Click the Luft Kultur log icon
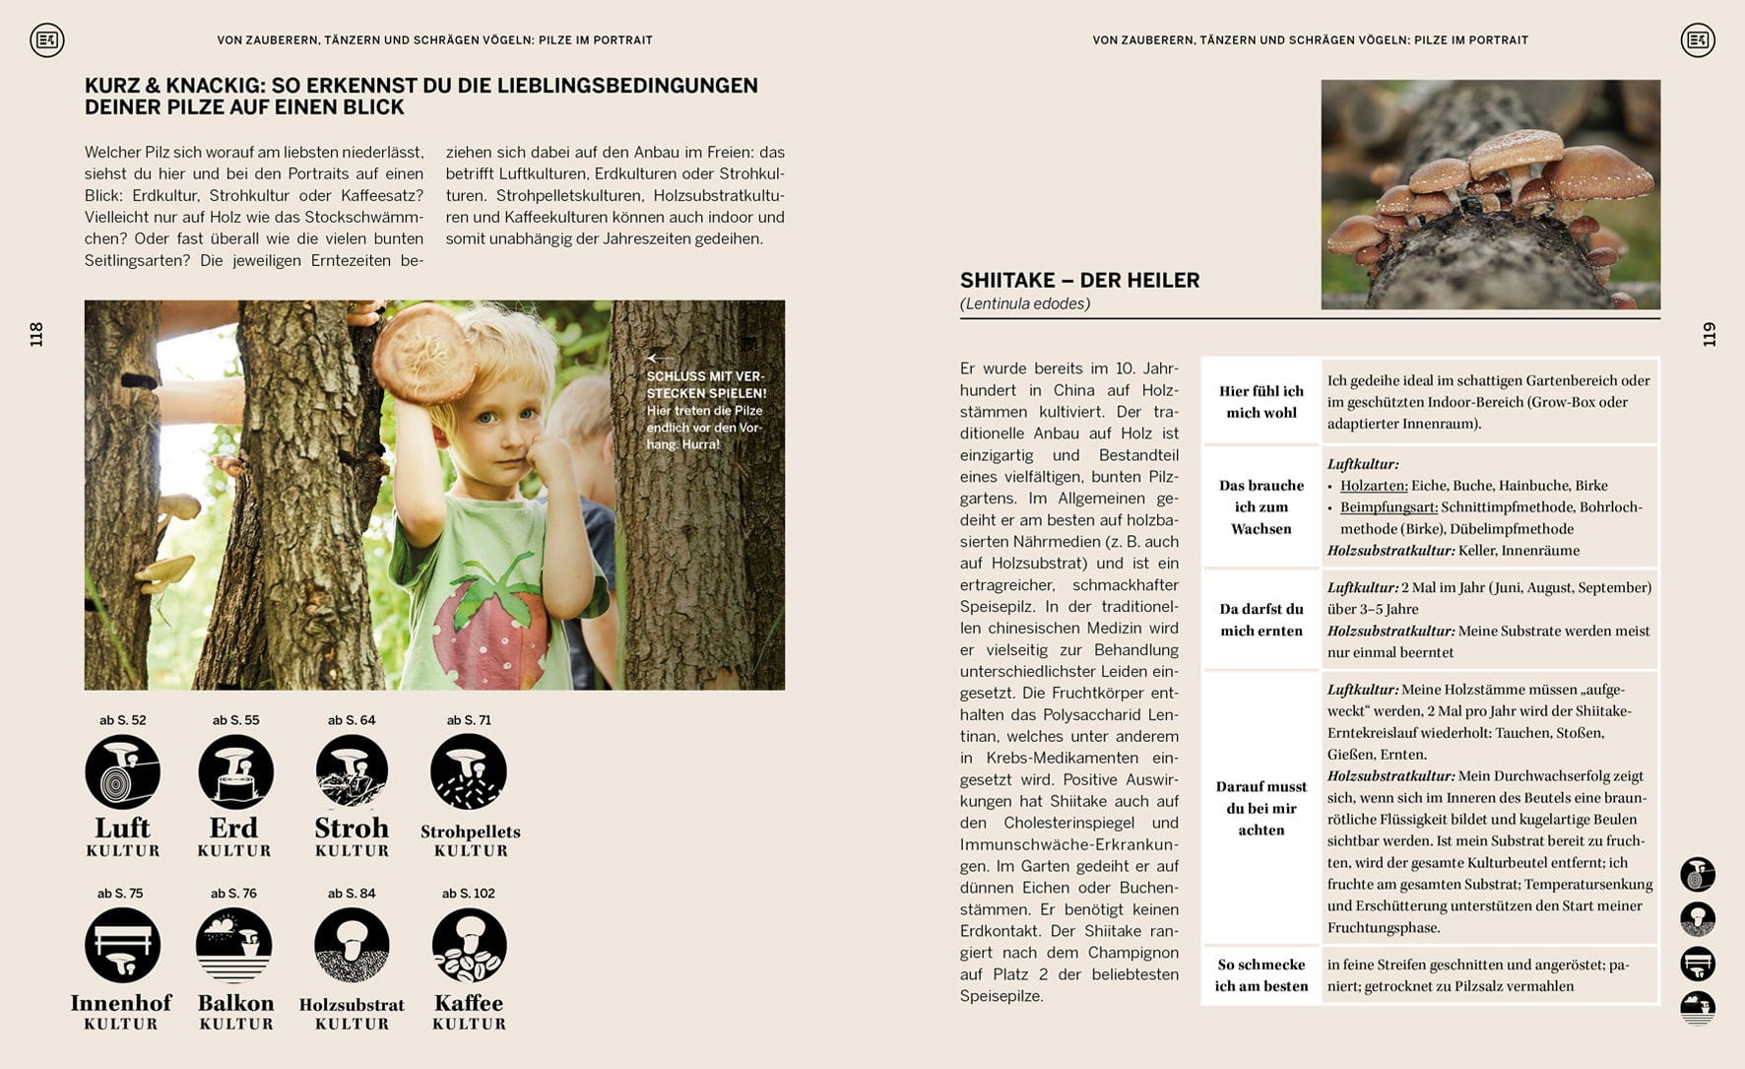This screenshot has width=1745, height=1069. click(x=122, y=772)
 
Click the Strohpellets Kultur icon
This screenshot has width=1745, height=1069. click(x=469, y=772)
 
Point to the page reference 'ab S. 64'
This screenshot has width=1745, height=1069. click(x=352, y=720)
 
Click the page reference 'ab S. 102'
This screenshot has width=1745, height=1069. click(x=469, y=894)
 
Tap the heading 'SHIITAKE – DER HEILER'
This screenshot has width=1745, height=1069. click(x=1079, y=281)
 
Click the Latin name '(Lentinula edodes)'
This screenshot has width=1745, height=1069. click(x=1024, y=303)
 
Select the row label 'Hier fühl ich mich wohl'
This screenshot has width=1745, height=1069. click(x=1260, y=402)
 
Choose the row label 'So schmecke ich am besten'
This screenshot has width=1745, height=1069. click(x=1260, y=975)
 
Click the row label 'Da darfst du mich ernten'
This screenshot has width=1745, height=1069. click(x=1260, y=620)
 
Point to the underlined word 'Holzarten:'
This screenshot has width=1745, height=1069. click(x=1374, y=486)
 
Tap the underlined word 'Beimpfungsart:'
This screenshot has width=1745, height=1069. click(x=1389, y=507)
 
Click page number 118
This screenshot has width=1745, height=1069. click(x=36, y=334)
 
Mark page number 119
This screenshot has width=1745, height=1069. click(x=1709, y=334)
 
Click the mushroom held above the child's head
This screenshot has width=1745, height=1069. click(x=425, y=352)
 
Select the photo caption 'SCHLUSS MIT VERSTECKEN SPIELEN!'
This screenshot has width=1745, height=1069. click(x=705, y=384)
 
